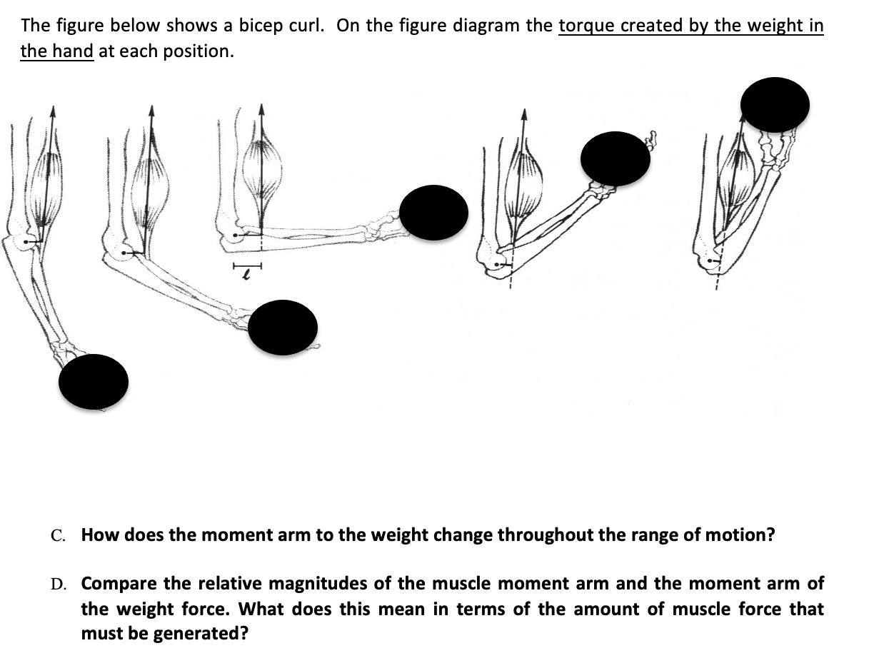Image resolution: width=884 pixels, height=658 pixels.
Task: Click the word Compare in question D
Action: click(119, 584)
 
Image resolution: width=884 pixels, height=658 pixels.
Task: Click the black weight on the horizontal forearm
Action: click(433, 212)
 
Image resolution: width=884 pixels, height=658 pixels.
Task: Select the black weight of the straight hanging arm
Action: click(94, 382)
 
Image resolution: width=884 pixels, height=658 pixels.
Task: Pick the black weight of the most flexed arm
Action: click(775, 105)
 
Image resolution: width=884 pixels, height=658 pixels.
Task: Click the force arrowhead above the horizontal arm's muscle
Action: click(261, 109)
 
